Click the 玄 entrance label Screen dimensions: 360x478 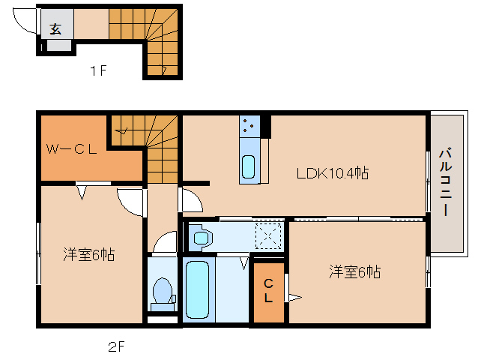tap(56, 29)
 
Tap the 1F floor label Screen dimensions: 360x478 tap(99, 72)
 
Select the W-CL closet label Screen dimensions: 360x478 tap(72, 148)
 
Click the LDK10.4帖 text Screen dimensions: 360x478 tap(332, 173)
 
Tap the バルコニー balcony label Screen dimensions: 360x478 tap(445, 182)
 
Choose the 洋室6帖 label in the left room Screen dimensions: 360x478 tap(88, 255)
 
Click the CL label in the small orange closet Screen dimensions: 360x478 tap(267, 289)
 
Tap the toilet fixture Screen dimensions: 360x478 tap(162, 293)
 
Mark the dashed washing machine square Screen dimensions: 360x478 tap(268, 236)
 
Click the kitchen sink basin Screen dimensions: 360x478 tap(249, 166)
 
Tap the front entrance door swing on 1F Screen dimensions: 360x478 tap(25, 22)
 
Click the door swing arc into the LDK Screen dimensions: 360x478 tap(190, 202)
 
